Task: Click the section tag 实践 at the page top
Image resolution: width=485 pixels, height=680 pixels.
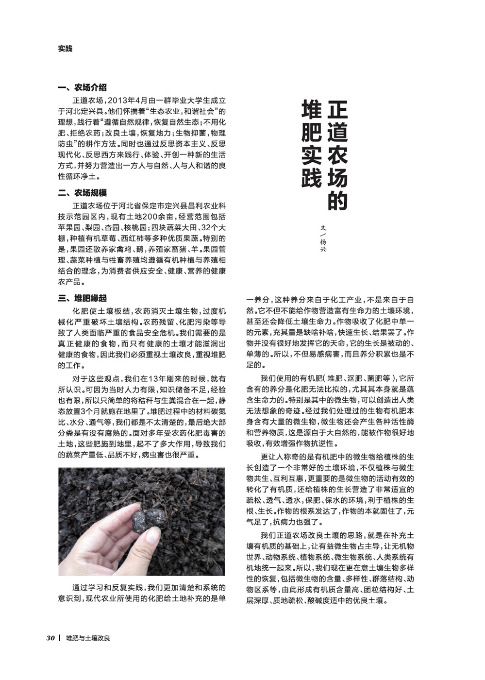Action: click(x=65, y=49)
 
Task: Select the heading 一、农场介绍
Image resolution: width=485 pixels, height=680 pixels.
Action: click(x=82, y=88)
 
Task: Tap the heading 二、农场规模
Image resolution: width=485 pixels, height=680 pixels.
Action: click(x=82, y=193)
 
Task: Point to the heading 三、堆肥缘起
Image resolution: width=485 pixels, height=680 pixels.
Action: click(x=82, y=298)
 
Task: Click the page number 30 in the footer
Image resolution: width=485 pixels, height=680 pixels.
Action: click(x=50, y=638)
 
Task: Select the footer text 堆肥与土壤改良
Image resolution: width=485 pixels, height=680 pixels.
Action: click(x=88, y=638)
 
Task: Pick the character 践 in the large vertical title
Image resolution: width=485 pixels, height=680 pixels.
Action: click(x=311, y=178)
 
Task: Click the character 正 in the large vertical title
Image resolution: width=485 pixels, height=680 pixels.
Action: click(x=337, y=109)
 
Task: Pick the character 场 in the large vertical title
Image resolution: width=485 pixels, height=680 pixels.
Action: click(x=337, y=177)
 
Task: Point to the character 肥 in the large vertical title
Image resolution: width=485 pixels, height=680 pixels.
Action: click(x=311, y=131)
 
